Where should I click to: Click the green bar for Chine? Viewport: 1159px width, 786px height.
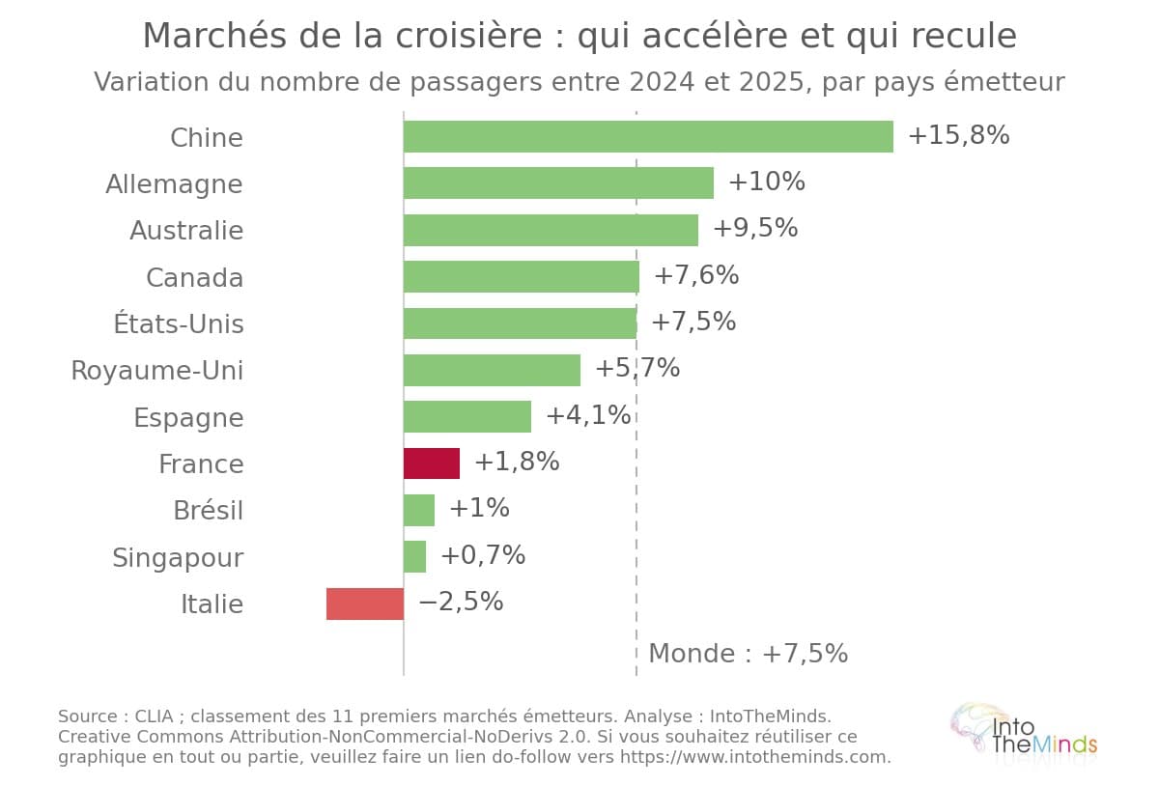(x=648, y=136)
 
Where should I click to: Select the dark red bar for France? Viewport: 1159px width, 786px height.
(x=432, y=463)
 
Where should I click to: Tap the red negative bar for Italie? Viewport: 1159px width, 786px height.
(x=365, y=604)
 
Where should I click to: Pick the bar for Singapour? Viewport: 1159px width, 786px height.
(x=415, y=557)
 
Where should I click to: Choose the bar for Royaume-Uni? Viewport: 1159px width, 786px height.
(x=492, y=370)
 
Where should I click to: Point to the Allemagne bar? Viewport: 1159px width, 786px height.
(x=559, y=183)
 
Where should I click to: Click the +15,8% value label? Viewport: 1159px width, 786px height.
(x=959, y=135)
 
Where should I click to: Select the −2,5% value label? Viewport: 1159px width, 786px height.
(x=461, y=602)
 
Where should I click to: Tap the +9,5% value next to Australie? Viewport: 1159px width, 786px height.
(x=755, y=228)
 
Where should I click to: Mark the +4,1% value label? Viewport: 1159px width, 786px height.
(x=588, y=415)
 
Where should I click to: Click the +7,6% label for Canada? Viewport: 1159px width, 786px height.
(x=696, y=275)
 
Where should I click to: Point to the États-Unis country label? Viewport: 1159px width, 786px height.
(x=179, y=323)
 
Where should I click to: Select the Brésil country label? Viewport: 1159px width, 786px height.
(x=208, y=510)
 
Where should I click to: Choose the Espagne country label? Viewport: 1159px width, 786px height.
(x=188, y=418)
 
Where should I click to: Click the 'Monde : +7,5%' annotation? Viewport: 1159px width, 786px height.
(x=749, y=653)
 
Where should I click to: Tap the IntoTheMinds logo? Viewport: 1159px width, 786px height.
(x=1024, y=735)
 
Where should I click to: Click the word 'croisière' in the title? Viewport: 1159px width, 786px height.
(x=468, y=36)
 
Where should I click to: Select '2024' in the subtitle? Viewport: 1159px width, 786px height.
(x=662, y=82)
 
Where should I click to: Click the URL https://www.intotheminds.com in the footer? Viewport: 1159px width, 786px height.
(x=752, y=757)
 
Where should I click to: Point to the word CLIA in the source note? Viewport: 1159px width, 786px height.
(x=154, y=716)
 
